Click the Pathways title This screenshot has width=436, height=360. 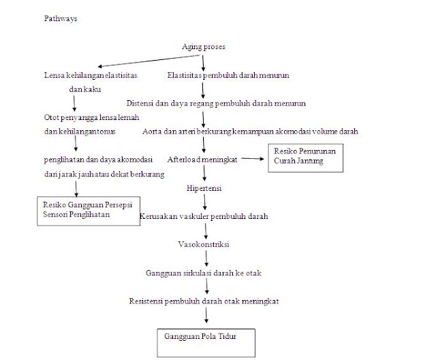[60, 19]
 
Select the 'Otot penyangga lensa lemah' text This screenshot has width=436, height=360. [87, 117]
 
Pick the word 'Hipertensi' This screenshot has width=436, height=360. [204, 187]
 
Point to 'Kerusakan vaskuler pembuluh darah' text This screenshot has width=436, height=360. [204, 216]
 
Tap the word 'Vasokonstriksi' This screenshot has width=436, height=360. [204, 244]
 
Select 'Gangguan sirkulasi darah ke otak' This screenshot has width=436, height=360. [204, 273]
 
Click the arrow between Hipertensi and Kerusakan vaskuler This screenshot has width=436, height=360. [204, 201]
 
